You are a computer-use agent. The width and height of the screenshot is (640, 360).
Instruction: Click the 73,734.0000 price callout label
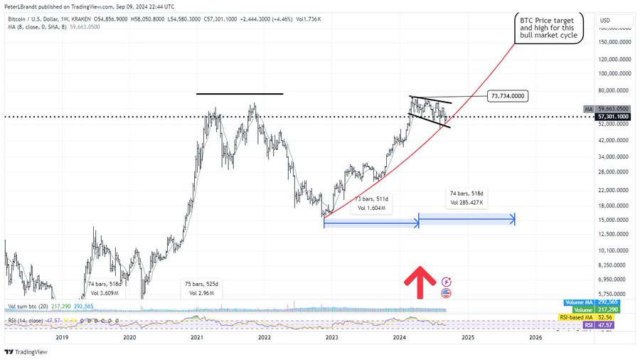pos(507,95)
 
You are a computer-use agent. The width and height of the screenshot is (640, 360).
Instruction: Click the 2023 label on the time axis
pos(332,338)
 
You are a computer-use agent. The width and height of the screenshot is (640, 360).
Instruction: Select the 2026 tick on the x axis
pos(535,338)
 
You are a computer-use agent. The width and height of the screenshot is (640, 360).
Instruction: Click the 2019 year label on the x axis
pos(61,338)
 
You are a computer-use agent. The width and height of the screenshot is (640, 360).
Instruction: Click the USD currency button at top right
pos(606,19)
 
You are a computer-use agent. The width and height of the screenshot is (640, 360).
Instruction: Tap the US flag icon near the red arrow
pos(447,292)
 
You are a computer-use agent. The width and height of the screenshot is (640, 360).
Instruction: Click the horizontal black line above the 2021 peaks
pos(239,93)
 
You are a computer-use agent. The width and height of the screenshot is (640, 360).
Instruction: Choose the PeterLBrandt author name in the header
pos(21,6)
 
